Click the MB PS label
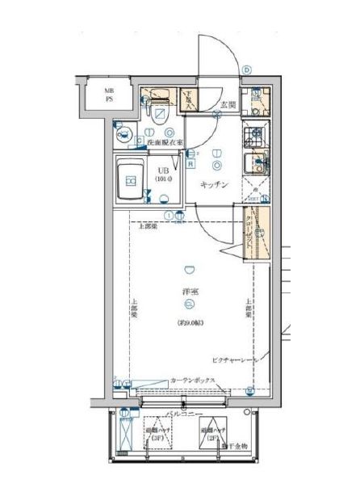107,95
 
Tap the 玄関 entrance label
228,104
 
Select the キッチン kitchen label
215,185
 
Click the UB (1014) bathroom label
163,175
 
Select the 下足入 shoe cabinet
187,99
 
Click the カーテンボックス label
192,380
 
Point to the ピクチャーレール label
235,357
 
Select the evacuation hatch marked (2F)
211,435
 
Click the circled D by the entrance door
247,70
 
